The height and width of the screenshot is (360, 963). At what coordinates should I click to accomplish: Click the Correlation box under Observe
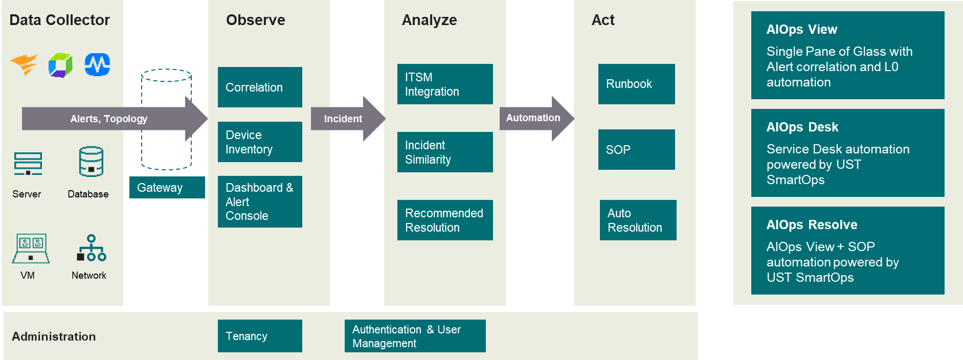[x=260, y=87]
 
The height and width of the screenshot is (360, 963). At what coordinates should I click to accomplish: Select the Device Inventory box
[x=260, y=142]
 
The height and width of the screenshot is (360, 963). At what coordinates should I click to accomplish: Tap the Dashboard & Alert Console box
[x=260, y=201]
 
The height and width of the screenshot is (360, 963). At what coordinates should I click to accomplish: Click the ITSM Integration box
[x=445, y=84]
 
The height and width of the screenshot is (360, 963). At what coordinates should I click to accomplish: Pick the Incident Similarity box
[x=445, y=152]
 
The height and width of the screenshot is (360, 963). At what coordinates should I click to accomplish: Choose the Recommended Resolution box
[x=445, y=220]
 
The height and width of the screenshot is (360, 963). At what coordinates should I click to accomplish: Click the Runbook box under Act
[x=637, y=84]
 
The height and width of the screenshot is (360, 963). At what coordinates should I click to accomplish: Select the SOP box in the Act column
[x=637, y=150]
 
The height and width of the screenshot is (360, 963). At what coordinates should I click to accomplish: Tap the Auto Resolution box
[x=638, y=220]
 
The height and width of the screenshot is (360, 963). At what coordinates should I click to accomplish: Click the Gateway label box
[x=167, y=188]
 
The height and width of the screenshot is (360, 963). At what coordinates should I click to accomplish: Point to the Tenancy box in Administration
[x=260, y=336]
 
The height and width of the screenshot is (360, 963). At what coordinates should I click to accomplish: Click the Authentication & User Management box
[x=415, y=336]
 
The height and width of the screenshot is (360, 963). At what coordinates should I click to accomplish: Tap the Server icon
[x=28, y=164]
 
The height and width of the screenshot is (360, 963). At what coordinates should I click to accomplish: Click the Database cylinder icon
[x=91, y=162]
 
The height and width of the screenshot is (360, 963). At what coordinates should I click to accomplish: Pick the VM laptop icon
[x=31, y=249]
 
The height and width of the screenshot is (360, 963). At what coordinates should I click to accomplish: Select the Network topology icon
[x=91, y=248]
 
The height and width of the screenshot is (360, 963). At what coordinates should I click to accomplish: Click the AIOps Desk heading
[x=802, y=127]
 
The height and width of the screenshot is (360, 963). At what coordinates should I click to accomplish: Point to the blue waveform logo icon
[x=97, y=65]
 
